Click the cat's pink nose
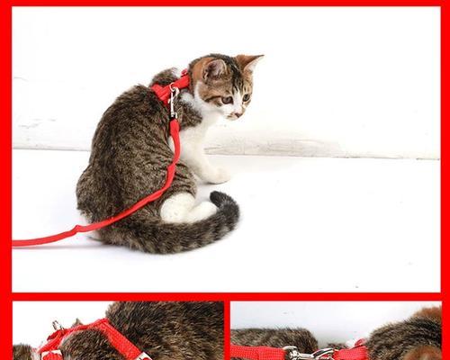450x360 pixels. [236, 114]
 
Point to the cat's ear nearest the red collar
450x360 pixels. [213, 69]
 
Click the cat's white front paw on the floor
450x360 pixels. [216, 175]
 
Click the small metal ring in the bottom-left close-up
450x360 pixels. [56, 326]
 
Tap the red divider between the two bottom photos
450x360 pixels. [227, 330]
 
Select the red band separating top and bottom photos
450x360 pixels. [225, 295]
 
